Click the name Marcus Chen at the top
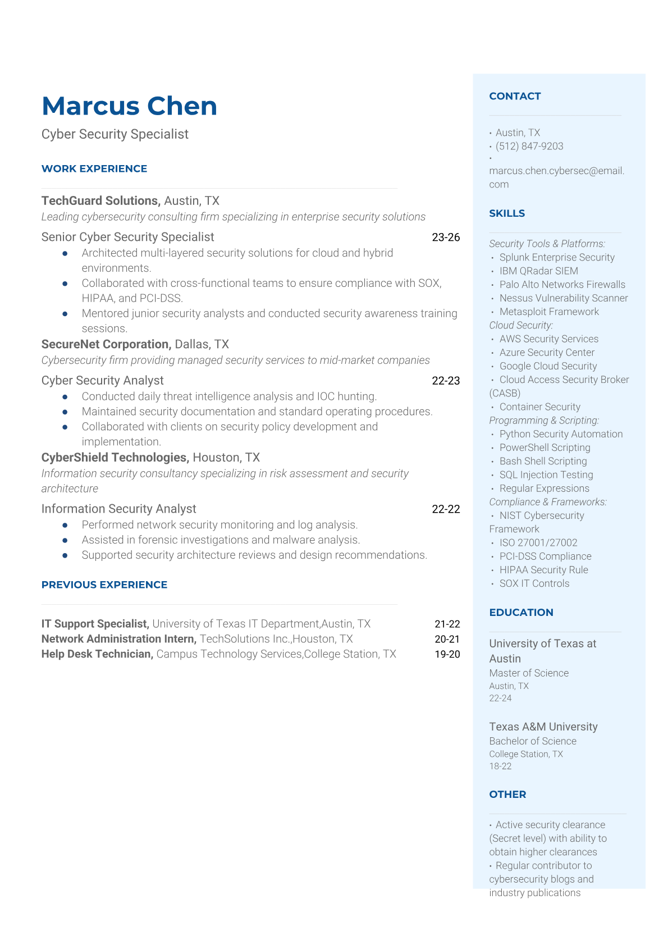tap(129, 106)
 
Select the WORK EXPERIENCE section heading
tap(94, 168)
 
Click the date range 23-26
tap(446, 237)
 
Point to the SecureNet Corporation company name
tap(106, 344)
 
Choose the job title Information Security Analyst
tap(118, 509)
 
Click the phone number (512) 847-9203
tap(529, 146)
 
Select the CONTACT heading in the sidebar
tap(515, 96)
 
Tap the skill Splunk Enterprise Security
tap(557, 257)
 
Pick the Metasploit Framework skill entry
tap(549, 312)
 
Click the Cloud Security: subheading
tap(521, 325)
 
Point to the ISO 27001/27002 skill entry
tap(538, 542)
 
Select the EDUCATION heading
tap(521, 612)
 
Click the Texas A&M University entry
tap(543, 727)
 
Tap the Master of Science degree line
tap(529, 673)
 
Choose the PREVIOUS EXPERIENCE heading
tap(104, 585)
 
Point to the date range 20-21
tap(447, 639)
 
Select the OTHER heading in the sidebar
tap(507, 794)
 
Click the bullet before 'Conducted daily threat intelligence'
tap(65, 396)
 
